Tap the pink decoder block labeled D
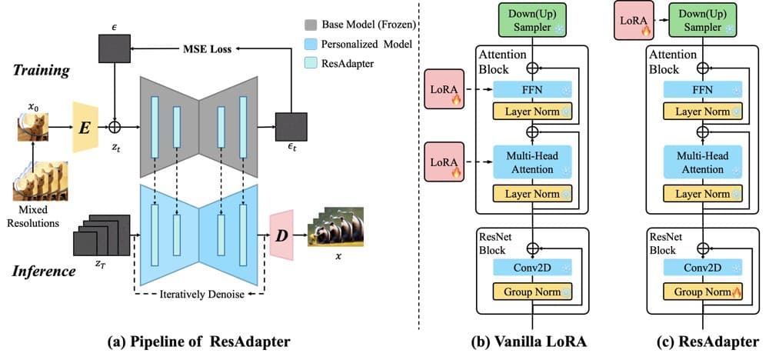coord(282,230)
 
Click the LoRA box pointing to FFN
coord(444,92)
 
